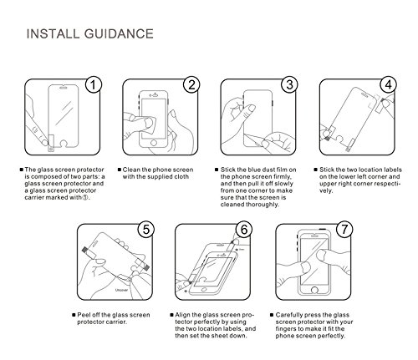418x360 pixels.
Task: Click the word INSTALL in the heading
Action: click(x=53, y=34)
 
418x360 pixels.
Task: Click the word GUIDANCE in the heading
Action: click(x=119, y=34)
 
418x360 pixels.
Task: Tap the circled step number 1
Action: click(x=94, y=84)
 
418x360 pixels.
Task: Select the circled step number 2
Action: click(x=191, y=84)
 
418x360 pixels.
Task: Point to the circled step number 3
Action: click(x=289, y=84)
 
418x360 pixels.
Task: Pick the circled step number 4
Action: click(x=389, y=84)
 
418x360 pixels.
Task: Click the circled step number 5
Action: click(x=146, y=230)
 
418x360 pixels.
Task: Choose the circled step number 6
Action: click(x=244, y=230)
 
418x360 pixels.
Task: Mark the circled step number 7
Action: click(x=344, y=230)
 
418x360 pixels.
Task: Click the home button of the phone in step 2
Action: click(x=154, y=143)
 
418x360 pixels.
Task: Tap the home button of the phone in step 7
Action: click(x=314, y=290)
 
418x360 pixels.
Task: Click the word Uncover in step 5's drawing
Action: click(x=122, y=290)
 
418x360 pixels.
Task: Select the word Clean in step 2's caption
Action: click(x=131, y=170)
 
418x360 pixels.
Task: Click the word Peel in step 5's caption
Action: click(x=84, y=315)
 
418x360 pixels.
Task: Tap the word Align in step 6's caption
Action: click(x=182, y=315)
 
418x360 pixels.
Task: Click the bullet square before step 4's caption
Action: click(x=315, y=170)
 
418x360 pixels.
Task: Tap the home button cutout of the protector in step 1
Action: click(x=64, y=144)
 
